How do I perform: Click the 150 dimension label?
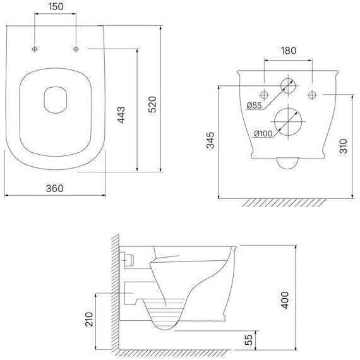pyautogui.click(x=56, y=7)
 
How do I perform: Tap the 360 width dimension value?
pyautogui.click(x=55, y=188)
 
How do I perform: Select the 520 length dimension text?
pyautogui.click(x=152, y=104)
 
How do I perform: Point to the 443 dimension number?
pyautogui.click(x=121, y=115)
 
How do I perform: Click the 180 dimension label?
pyautogui.click(x=289, y=51)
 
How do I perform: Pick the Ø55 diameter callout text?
pyautogui.click(x=254, y=105)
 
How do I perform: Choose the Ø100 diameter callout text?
pyautogui.click(x=263, y=133)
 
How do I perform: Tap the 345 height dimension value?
pyautogui.click(x=210, y=140)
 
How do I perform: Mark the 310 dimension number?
pyautogui.click(x=343, y=146)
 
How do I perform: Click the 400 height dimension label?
pyautogui.click(x=285, y=300)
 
